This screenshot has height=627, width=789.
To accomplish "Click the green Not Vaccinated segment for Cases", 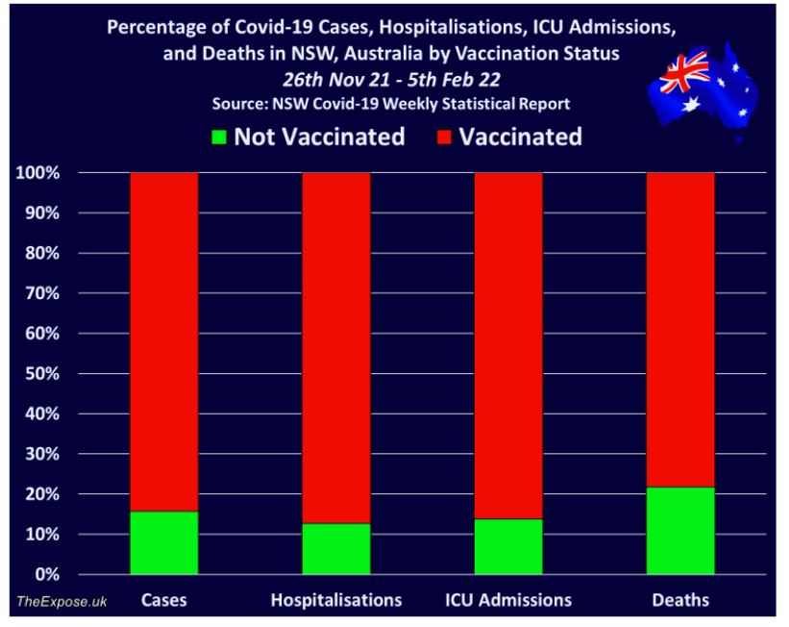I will click(x=163, y=542).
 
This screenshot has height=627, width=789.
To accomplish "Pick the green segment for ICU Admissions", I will click(x=508, y=545).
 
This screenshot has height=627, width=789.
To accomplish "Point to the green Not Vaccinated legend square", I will click(x=219, y=138).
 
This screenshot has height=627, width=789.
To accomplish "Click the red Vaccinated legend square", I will click(x=445, y=138).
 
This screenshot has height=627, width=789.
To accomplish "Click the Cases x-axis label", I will click(x=163, y=600).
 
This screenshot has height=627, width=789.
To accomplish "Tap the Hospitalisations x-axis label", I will click(x=336, y=600).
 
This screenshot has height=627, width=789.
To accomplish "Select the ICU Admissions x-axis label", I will click(x=508, y=600).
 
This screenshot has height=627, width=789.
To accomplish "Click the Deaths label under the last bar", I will click(x=680, y=600).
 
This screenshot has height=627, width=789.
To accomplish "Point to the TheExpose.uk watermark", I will click(x=62, y=601).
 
